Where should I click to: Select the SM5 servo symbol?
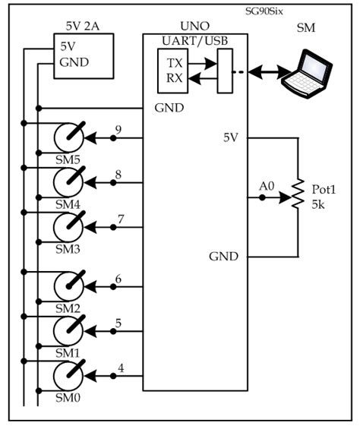[x=71, y=138]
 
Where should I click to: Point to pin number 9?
[x=118, y=128]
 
